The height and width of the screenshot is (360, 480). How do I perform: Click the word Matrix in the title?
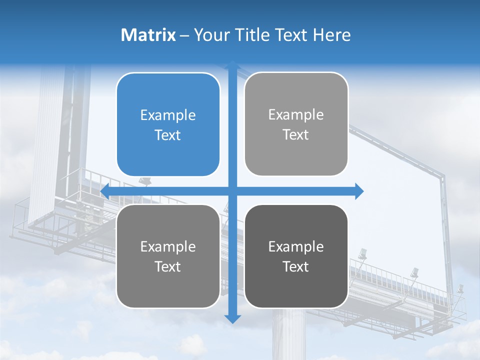pyautogui.click(x=148, y=35)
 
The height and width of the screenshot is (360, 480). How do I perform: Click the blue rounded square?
pyautogui.click(x=168, y=124)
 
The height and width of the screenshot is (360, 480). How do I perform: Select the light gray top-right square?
pyautogui.click(x=296, y=124)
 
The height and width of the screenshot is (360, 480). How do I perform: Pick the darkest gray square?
pyautogui.click(x=296, y=256)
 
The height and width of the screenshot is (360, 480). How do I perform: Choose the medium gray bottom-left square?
pyautogui.click(x=168, y=256)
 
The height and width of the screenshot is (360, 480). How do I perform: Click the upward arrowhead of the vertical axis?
pyautogui.click(x=232, y=65)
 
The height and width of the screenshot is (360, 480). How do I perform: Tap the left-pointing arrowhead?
pyautogui.click(x=105, y=191)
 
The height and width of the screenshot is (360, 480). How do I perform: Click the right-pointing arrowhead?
pyautogui.click(x=359, y=191)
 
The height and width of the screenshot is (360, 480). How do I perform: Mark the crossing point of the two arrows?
pyautogui.click(x=232, y=191)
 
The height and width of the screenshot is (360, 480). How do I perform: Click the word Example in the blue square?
pyautogui.click(x=168, y=115)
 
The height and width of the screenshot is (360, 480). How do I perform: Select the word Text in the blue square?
pyautogui.click(x=168, y=135)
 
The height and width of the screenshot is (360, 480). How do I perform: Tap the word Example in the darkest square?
pyautogui.click(x=296, y=246)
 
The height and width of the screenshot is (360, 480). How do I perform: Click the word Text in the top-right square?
pyautogui.click(x=296, y=134)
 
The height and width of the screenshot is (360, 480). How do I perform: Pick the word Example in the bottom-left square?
pyautogui.click(x=168, y=246)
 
